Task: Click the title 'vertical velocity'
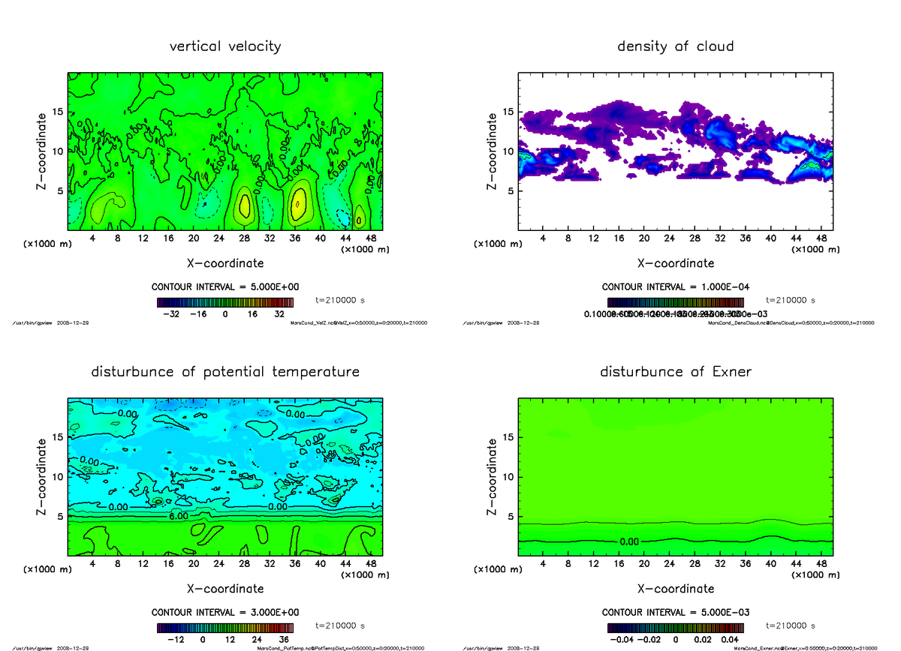[x=225, y=46]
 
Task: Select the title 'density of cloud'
[x=675, y=46]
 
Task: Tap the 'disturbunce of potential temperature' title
[x=225, y=372]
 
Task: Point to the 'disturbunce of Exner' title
[x=675, y=372]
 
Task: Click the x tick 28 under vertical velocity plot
[x=244, y=239]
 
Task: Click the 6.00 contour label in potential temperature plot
[x=178, y=517]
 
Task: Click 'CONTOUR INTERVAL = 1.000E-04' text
[x=676, y=287]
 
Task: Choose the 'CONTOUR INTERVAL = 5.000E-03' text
[x=676, y=613]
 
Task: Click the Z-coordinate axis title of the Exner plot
[x=492, y=476]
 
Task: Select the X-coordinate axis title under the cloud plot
[x=676, y=263]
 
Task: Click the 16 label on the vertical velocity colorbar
[x=252, y=314]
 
